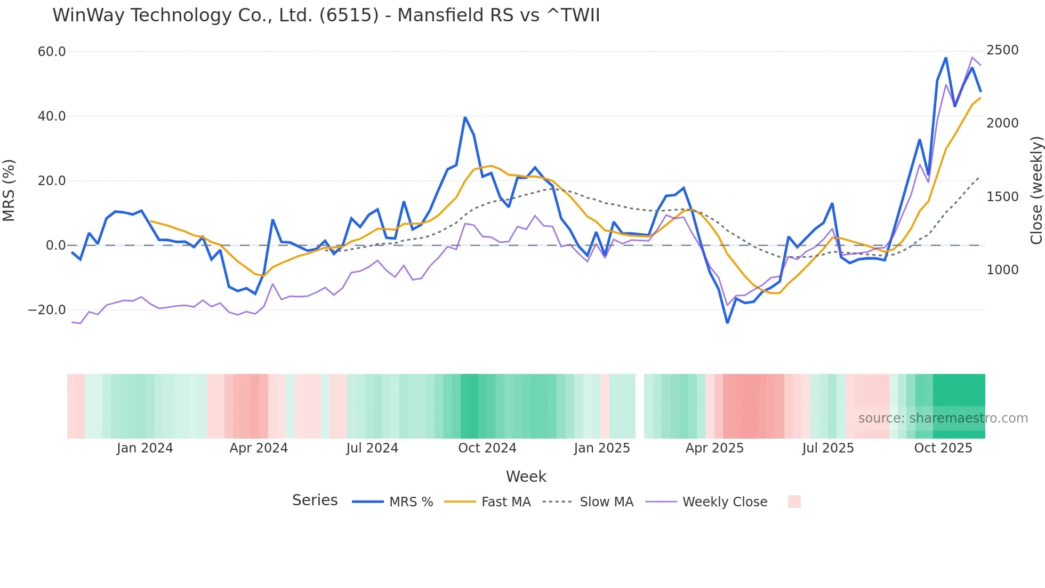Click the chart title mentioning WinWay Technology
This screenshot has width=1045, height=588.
[x=326, y=15]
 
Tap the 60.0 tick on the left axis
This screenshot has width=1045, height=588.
[x=52, y=52]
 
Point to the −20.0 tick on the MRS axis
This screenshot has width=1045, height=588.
[x=47, y=310]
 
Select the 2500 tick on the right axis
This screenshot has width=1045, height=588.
[x=1002, y=50]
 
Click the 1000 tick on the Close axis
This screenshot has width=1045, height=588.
[x=1002, y=270]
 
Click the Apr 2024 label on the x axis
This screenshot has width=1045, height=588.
[x=259, y=448]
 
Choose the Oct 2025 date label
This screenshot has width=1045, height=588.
[x=943, y=448]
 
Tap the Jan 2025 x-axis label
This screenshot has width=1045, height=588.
[x=602, y=448]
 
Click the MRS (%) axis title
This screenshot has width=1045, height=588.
[x=9, y=190]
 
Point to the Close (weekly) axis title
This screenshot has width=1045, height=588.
[x=1036, y=190]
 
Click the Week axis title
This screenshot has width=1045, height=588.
[x=526, y=476]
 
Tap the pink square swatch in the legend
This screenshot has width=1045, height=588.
[x=794, y=502]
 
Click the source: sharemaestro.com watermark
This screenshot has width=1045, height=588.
[x=943, y=418]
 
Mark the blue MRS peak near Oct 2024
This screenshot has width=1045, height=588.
[x=465, y=117]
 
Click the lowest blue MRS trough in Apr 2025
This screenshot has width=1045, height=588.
[x=727, y=322]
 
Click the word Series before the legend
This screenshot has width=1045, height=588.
[x=315, y=500]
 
